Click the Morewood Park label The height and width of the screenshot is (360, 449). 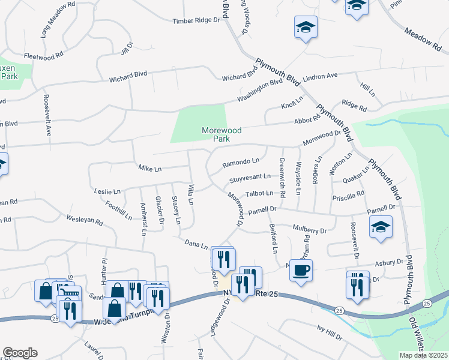(214, 134)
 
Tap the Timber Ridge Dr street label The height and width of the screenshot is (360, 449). (197, 20)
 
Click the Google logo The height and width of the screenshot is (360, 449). (20, 352)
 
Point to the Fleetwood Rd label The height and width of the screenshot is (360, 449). (43, 55)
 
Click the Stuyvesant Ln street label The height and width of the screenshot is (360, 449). (249, 179)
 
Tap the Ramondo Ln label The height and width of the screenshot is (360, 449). (241, 162)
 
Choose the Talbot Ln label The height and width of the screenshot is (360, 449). (260, 193)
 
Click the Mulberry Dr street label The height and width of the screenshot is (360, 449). (309, 230)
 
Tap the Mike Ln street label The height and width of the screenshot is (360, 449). (150, 169)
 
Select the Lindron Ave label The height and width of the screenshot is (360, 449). (321, 76)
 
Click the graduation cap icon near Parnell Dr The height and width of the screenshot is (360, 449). (380, 228)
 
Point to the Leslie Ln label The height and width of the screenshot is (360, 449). (107, 191)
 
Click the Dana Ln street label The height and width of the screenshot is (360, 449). (196, 244)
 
